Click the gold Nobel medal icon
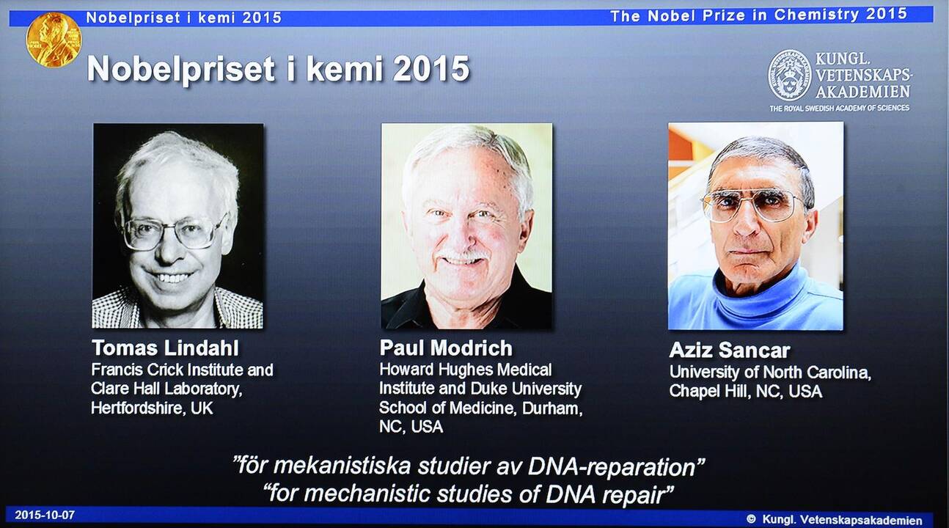[x=54, y=40]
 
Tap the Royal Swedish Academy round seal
[x=790, y=75]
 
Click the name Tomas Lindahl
[x=165, y=348]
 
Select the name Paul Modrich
[x=446, y=348]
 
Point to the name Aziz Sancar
[x=730, y=351]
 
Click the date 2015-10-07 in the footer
[x=45, y=516]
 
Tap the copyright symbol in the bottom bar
[x=751, y=519]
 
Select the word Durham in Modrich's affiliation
[x=552, y=408]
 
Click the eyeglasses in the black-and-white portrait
[x=174, y=232]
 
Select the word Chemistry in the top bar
[x=816, y=15]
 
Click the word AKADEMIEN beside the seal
[x=863, y=92]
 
